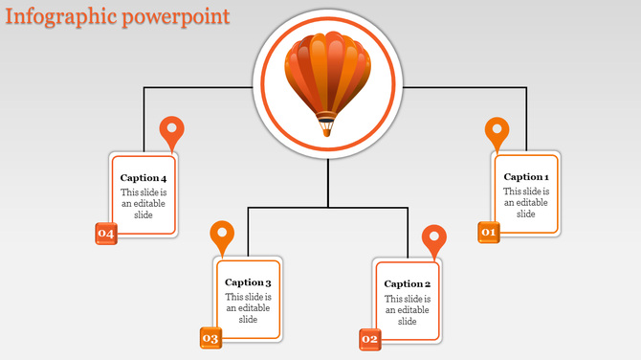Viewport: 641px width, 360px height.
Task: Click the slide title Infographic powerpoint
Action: [116, 17]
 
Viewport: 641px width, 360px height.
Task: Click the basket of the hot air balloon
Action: [327, 125]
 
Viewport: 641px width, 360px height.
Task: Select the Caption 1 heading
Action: [526, 176]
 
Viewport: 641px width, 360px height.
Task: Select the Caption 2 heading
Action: [408, 283]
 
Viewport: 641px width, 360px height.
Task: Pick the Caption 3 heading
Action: [248, 282]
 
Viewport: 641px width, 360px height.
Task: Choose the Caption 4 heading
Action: [144, 178]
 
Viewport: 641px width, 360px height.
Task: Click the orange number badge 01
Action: [489, 232]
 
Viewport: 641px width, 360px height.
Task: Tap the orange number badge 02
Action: [370, 339]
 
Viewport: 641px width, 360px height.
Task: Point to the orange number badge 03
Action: [210, 338]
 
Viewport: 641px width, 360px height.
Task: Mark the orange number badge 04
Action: [105, 234]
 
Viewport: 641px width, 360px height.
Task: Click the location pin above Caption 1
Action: [497, 132]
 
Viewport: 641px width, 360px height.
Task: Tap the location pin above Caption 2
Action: [434, 239]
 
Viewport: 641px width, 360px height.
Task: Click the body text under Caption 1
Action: [526, 203]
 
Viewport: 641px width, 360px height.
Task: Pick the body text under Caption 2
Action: [408, 309]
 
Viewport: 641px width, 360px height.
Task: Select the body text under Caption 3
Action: [248, 308]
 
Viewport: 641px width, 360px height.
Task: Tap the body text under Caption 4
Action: [144, 204]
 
